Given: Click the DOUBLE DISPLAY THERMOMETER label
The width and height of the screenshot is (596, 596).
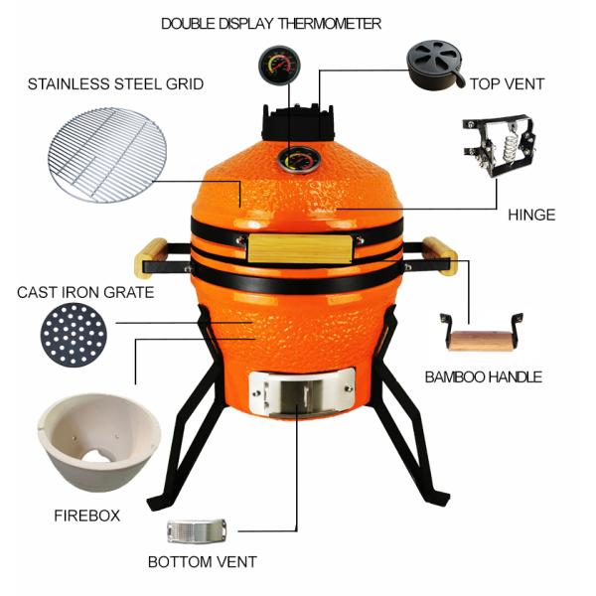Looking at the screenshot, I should point(270,23).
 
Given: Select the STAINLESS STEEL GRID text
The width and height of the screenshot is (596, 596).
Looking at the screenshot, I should point(115,84).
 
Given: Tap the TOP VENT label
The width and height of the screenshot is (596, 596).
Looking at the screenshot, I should point(507,84).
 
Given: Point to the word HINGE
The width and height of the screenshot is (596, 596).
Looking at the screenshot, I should point(530,215).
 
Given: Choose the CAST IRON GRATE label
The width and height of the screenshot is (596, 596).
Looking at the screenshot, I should point(85,292).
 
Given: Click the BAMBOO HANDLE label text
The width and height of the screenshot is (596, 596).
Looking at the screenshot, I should point(483,376).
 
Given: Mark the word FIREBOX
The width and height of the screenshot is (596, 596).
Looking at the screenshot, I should point(86,516).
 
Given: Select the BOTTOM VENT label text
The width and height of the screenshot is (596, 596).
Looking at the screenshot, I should point(202,562).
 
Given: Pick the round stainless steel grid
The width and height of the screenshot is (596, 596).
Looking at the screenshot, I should point(110,155).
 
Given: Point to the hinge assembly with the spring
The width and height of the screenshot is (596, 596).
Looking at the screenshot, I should point(496,147).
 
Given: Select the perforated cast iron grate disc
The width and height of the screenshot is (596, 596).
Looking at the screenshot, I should point(72,335).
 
